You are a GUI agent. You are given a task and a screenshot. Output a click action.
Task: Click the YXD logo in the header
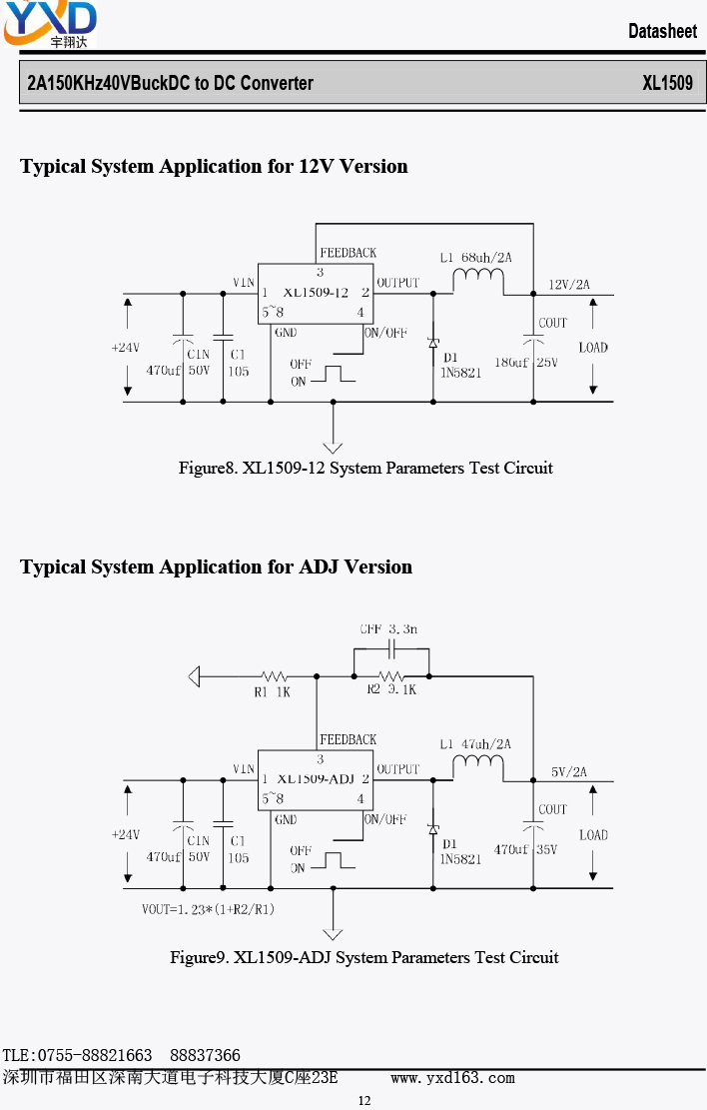(50, 24)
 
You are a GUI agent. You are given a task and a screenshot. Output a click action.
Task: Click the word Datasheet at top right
(662, 31)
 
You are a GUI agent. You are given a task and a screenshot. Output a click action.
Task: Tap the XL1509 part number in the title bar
(667, 83)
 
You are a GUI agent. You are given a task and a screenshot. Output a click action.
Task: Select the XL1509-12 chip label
(316, 293)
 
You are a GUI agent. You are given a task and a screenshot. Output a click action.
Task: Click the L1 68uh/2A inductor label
(475, 258)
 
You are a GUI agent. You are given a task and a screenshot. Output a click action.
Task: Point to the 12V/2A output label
(569, 285)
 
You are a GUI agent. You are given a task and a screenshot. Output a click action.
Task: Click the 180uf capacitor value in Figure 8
(511, 363)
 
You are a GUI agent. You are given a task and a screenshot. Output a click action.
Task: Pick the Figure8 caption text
(365, 468)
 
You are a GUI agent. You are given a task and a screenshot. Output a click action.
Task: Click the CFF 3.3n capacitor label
(388, 628)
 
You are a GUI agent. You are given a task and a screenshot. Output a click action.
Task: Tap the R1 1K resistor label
(273, 692)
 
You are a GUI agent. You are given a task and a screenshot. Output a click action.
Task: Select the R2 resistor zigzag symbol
(391, 676)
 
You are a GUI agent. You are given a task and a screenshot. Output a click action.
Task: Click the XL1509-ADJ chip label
(316, 778)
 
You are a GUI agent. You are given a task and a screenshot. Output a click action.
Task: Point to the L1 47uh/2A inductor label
(475, 744)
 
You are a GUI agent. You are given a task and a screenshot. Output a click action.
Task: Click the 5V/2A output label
(569, 771)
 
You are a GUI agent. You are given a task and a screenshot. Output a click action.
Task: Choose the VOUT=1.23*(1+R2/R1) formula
(208, 909)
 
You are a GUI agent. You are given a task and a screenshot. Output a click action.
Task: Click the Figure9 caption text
(363, 958)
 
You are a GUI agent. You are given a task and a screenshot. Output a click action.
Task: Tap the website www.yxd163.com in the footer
(453, 1078)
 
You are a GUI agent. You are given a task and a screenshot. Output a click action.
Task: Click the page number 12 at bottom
(363, 1100)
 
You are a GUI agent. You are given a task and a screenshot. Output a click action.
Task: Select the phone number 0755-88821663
(95, 1055)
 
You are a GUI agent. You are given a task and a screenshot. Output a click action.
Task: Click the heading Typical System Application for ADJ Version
(216, 567)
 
